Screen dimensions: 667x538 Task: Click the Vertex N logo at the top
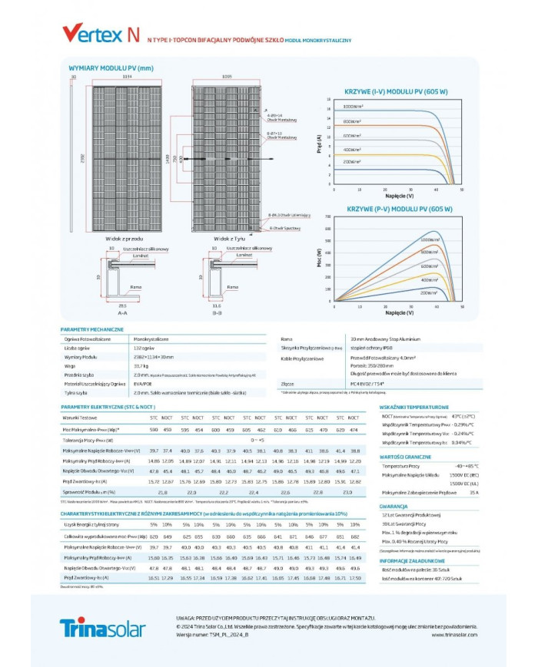tap(100, 34)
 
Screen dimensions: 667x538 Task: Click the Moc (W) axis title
tap(320, 260)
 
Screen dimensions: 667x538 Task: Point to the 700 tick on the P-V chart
tap(328, 216)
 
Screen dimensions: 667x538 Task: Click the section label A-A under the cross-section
tap(121, 313)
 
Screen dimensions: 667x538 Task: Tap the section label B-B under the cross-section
tap(215, 313)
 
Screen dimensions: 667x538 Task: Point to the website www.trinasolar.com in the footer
tap(454, 635)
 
